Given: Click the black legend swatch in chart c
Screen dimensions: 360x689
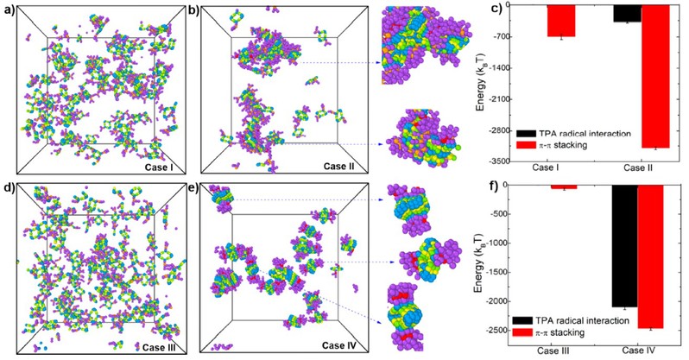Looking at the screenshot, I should click(x=529, y=134).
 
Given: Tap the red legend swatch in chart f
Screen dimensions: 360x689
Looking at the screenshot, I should click(x=528, y=332).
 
